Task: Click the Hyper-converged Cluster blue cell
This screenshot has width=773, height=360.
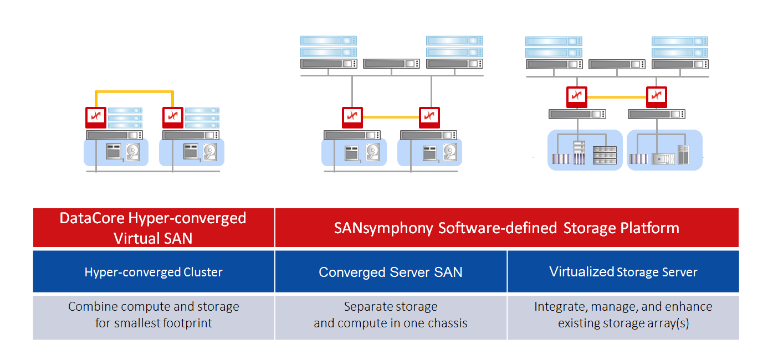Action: tap(153, 272)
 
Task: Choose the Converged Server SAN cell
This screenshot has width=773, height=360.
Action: tap(391, 272)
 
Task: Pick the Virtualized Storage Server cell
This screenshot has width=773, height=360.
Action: tap(623, 272)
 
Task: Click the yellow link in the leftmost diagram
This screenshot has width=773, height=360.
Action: tap(134, 92)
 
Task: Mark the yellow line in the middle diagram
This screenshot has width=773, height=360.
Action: tap(390, 117)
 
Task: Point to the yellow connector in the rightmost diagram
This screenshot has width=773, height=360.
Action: tap(616, 97)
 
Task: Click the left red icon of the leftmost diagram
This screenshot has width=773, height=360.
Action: tap(95, 117)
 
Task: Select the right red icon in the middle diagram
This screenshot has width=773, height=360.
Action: tap(429, 117)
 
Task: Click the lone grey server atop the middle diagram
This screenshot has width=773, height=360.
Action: tap(391, 64)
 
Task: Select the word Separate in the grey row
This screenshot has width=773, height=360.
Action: tap(368, 307)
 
